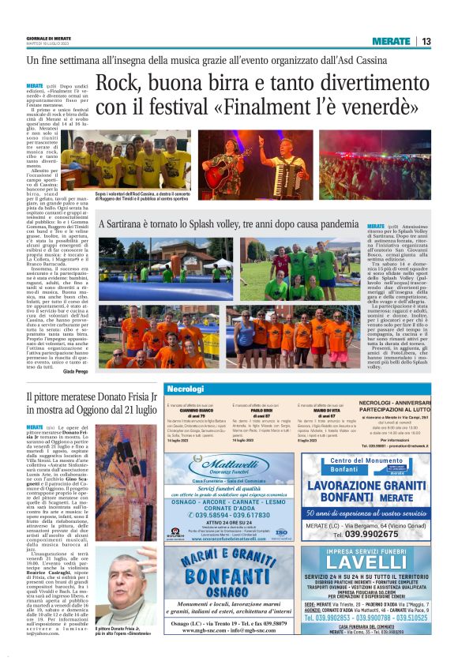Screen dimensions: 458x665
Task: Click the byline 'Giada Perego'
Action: tap(77, 370)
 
